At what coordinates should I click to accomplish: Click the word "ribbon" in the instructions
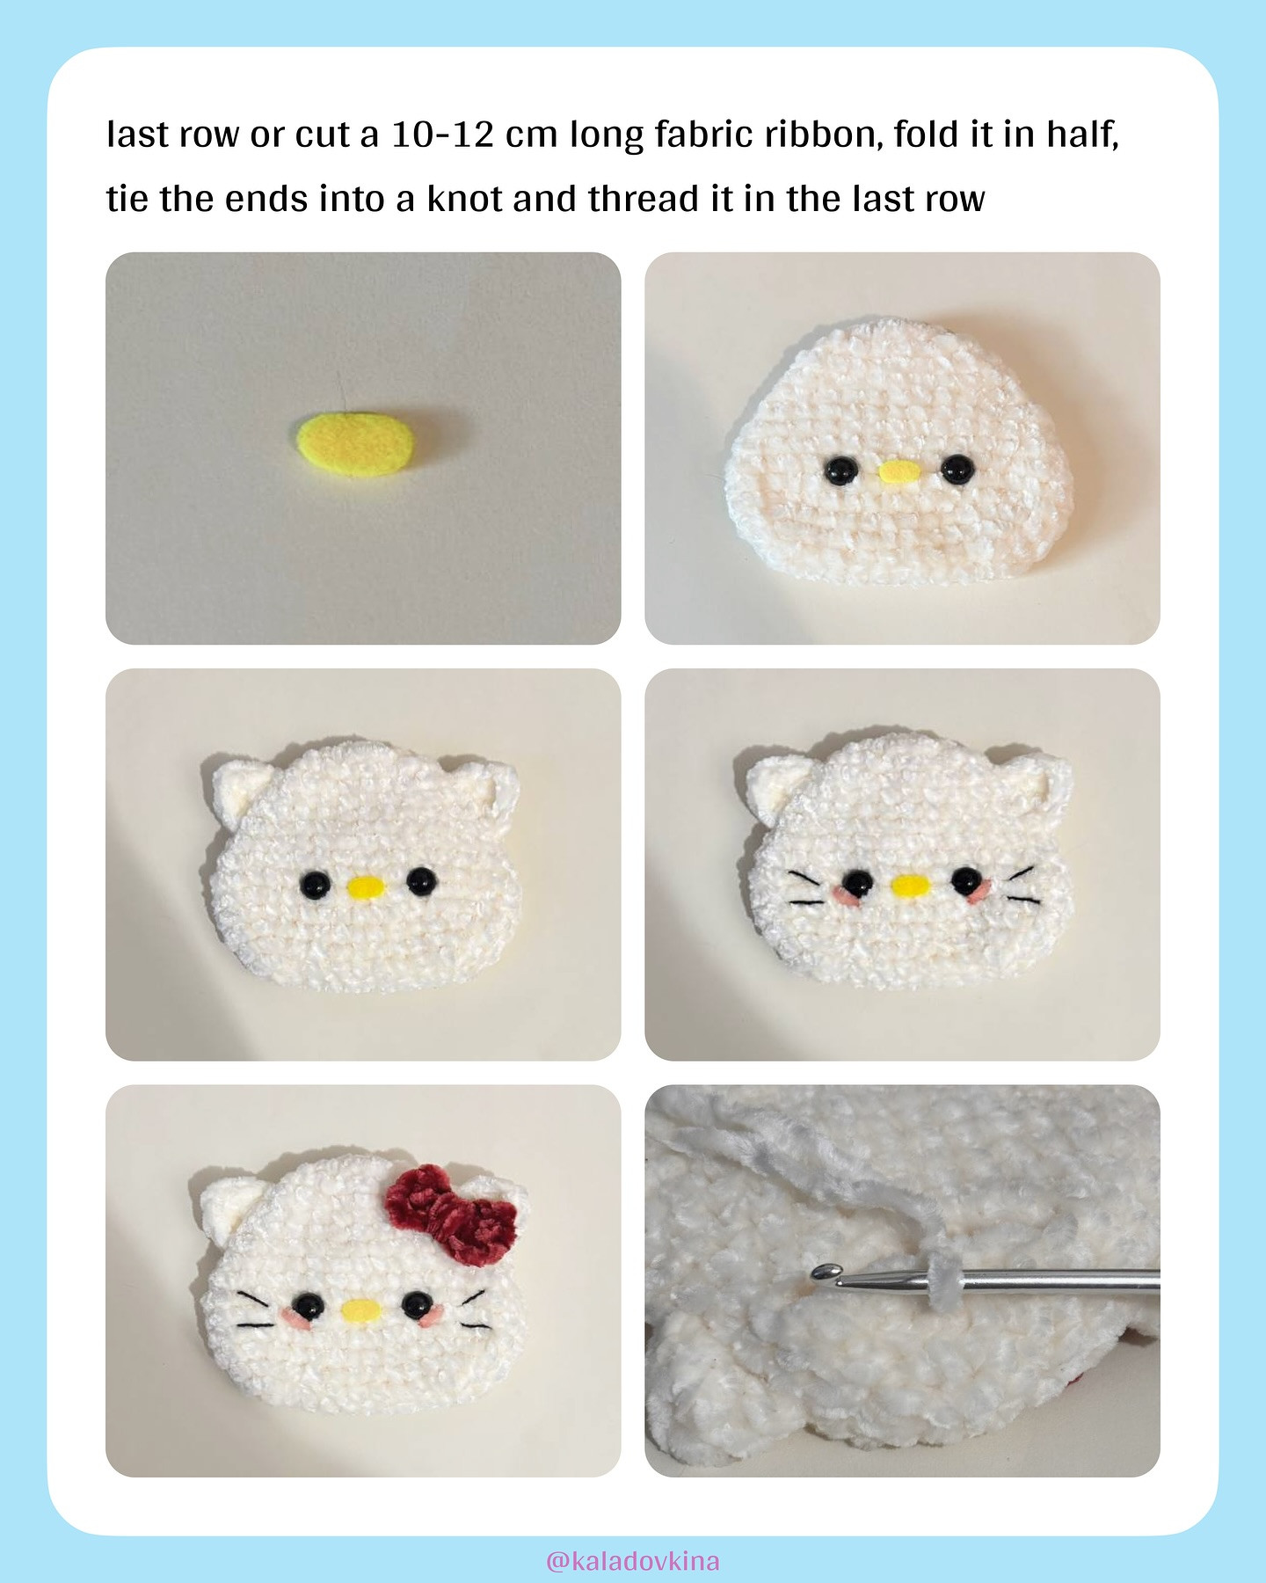tap(823, 135)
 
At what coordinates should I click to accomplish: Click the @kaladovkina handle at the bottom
tap(632, 1561)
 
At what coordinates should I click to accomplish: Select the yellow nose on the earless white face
tap(899, 473)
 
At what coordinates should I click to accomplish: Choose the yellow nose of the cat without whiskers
tap(364, 887)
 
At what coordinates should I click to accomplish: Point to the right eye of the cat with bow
tap(416, 1305)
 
